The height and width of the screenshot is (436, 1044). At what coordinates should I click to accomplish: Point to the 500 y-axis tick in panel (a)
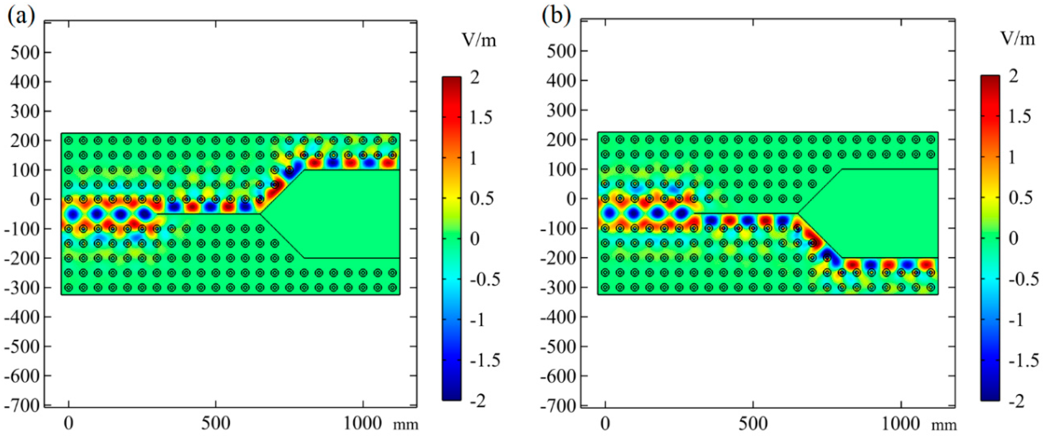pos(25,52)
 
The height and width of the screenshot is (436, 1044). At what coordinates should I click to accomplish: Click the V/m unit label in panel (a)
pos(479,40)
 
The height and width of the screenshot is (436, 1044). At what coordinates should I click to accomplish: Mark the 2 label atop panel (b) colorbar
pos(1013,76)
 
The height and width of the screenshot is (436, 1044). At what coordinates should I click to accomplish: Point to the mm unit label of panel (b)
pos(944,425)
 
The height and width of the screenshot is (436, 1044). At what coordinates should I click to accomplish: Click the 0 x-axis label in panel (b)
pos(605,424)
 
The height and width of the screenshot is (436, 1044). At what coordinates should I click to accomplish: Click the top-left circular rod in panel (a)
pos(69,140)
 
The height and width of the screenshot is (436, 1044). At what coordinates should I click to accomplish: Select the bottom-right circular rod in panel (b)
pos(931,287)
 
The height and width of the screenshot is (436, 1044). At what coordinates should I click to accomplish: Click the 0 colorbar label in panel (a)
pos(474,239)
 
